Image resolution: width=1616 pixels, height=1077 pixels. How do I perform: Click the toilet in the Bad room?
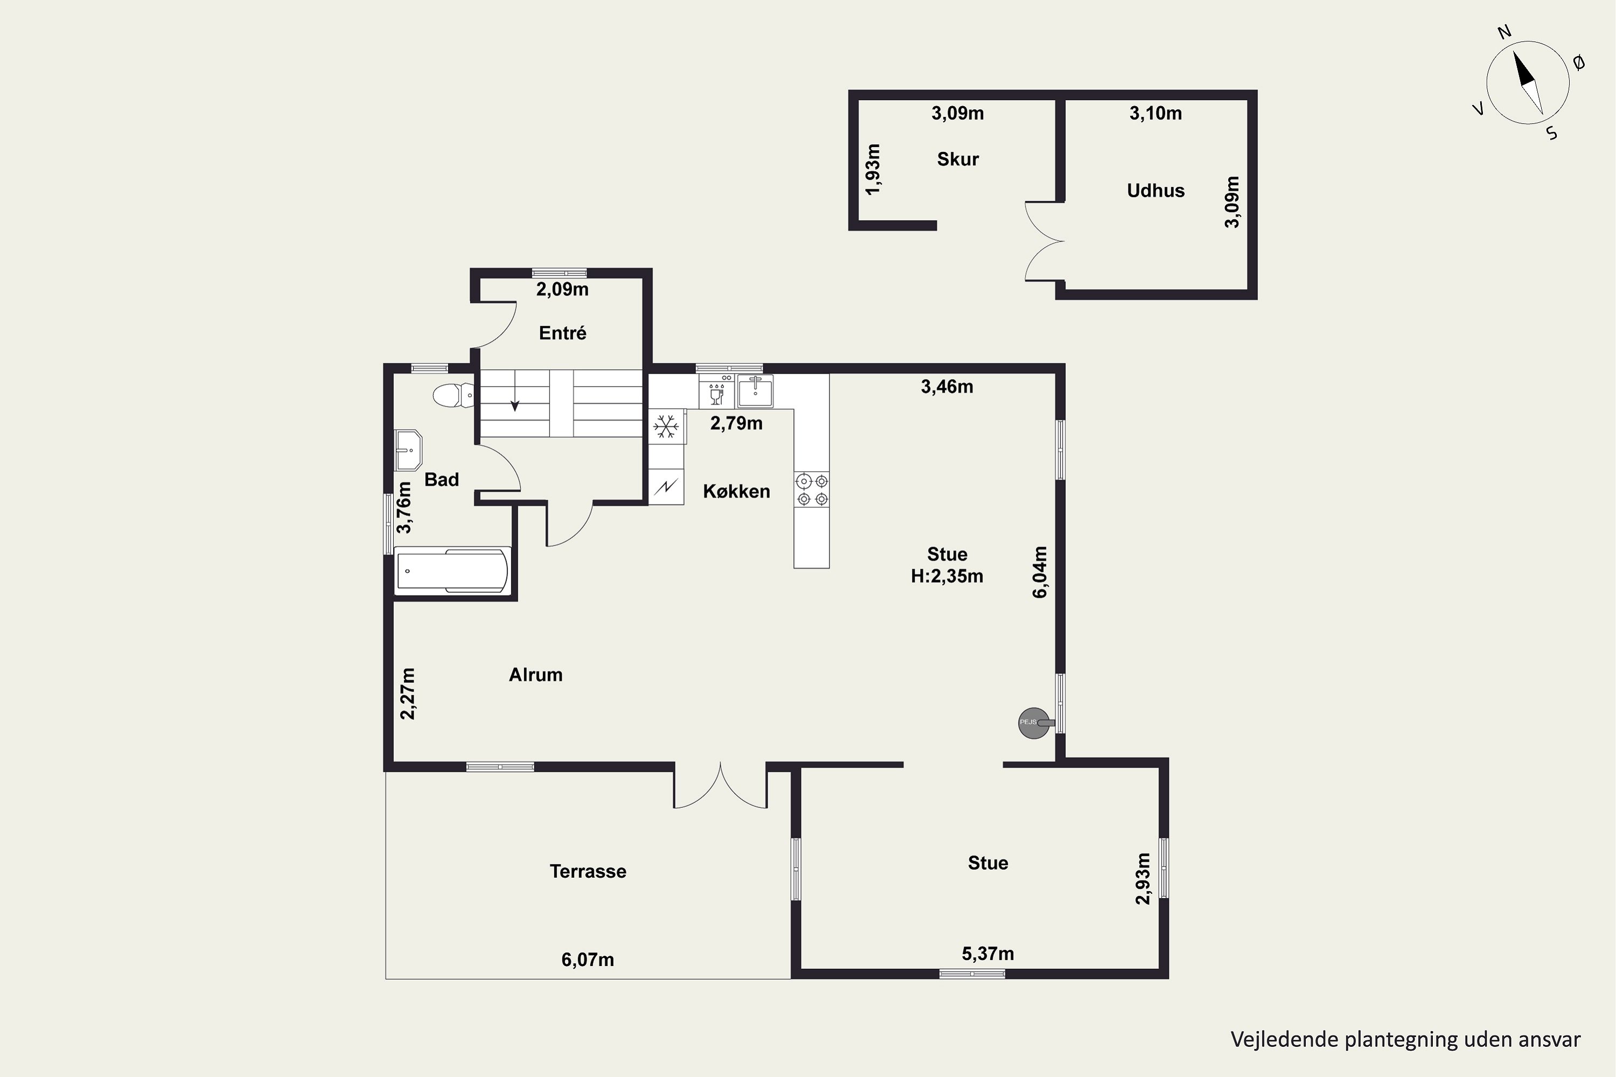(x=454, y=396)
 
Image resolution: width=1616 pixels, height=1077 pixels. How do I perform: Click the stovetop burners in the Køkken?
(x=811, y=489)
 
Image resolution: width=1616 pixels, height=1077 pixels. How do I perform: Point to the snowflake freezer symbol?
(x=665, y=427)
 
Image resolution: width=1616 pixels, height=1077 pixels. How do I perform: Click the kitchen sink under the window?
(x=755, y=391)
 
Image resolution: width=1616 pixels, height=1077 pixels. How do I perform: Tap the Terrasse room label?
(x=588, y=872)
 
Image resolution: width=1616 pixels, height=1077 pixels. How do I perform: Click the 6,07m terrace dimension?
(x=588, y=960)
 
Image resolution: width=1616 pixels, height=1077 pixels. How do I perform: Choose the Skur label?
(x=958, y=159)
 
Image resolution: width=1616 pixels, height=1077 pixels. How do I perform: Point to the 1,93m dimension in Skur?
(x=872, y=169)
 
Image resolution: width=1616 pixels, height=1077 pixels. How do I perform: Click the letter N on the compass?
(x=1504, y=51)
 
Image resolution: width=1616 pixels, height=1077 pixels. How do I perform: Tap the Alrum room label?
(x=536, y=675)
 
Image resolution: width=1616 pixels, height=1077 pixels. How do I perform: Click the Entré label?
(x=563, y=333)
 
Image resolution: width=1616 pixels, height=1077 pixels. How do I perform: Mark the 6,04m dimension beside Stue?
(x=1040, y=572)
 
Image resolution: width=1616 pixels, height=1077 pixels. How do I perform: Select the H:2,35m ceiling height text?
(x=947, y=576)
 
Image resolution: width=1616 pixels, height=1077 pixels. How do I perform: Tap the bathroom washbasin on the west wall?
(x=409, y=450)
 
